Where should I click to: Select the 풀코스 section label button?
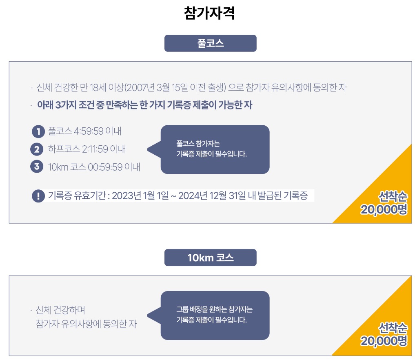(x=210, y=43)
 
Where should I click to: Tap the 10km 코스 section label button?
(x=210, y=258)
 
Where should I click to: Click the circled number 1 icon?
(x=38, y=131)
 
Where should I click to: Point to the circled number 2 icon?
(x=37, y=149)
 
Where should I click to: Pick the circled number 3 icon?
(x=37, y=167)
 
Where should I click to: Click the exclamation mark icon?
(x=38, y=196)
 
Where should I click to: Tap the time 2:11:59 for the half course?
(x=95, y=149)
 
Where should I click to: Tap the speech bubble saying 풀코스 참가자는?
(x=215, y=149)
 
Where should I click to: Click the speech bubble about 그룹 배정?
(x=215, y=315)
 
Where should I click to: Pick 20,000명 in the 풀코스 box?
(x=384, y=210)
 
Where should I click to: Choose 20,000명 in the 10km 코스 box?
(x=384, y=341)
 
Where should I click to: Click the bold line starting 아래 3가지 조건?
(x=144, y=105)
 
